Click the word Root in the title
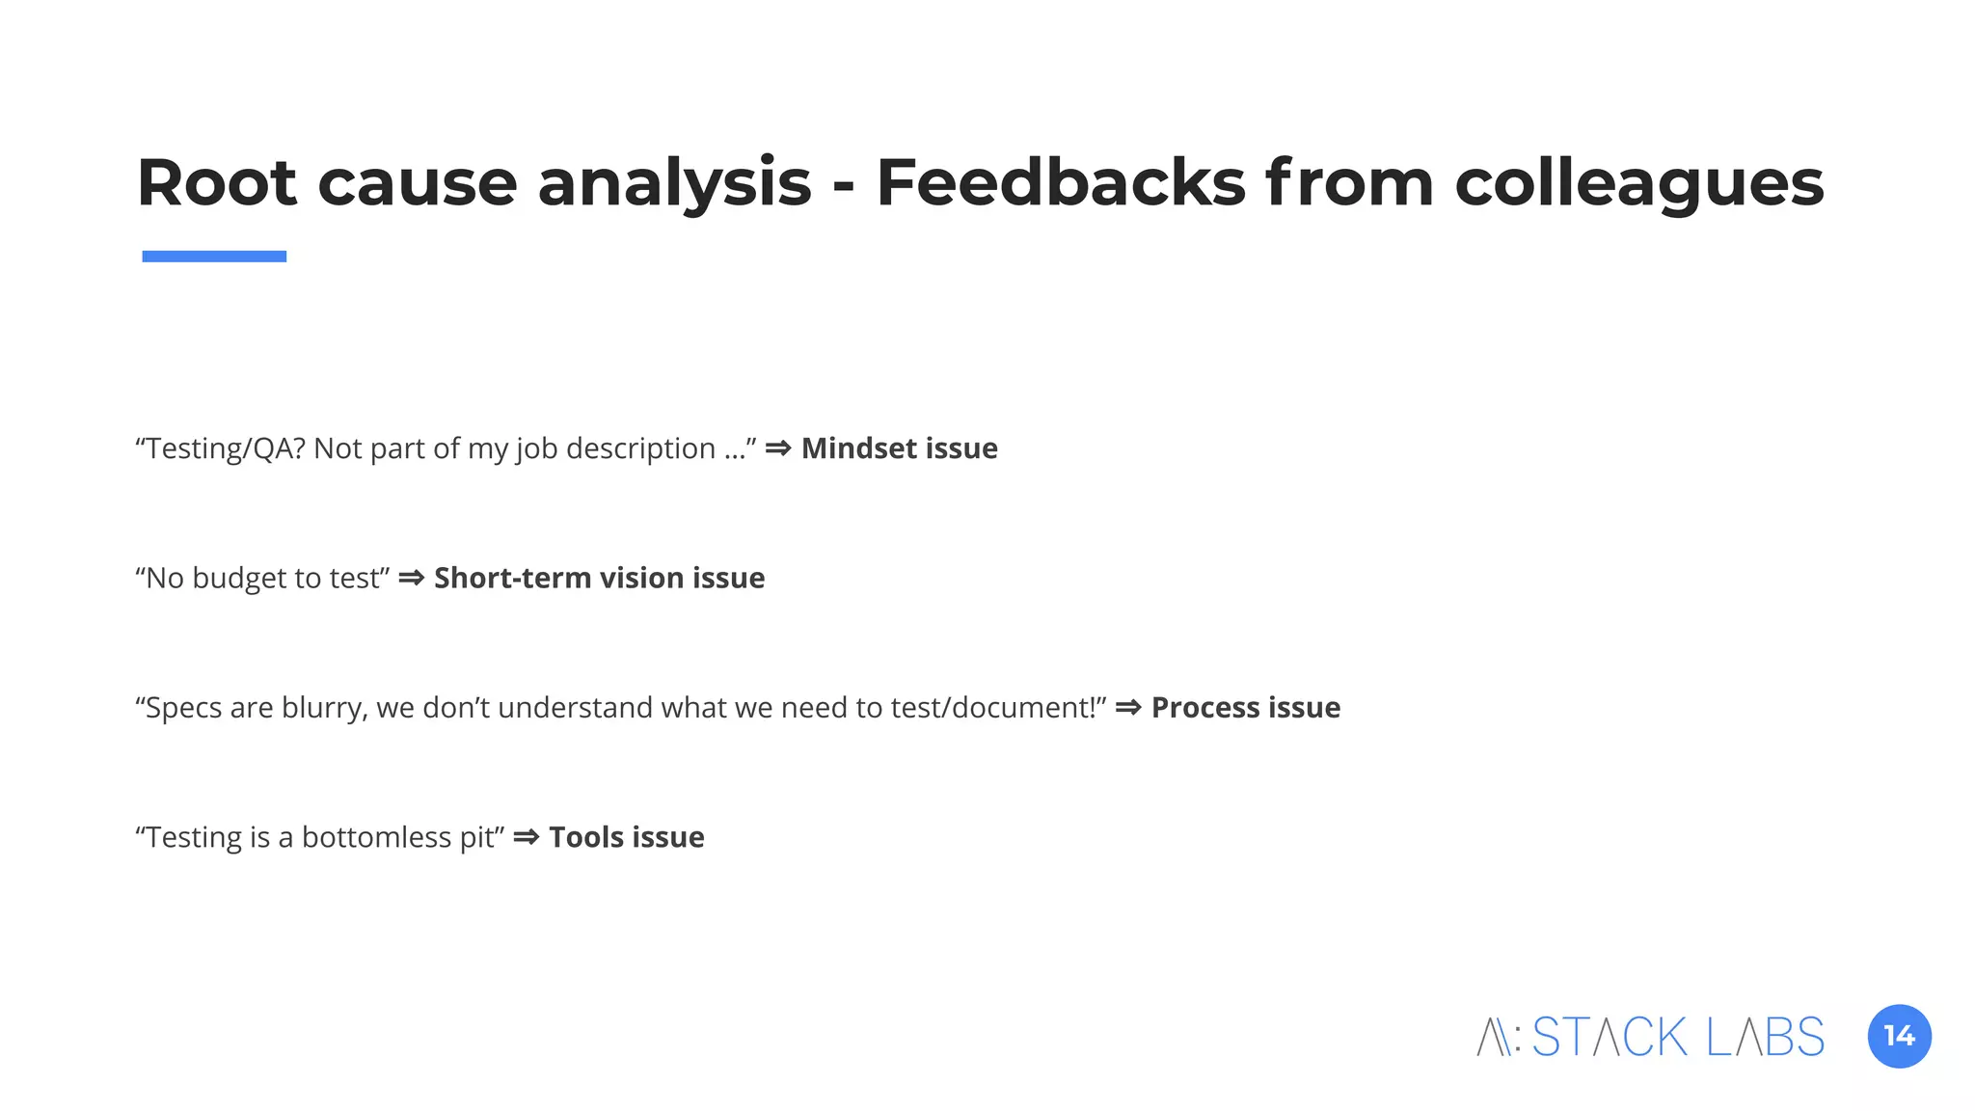point(217,182)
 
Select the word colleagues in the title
point(1638,184)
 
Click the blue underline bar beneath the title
point(214,257)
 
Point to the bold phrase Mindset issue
point(899,448)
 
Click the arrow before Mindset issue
point(778,448)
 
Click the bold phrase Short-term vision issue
point(599,578)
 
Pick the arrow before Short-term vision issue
point(411,578)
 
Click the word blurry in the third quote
point(325,708)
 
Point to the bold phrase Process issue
point(1245,708)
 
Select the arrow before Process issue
point(1128,708)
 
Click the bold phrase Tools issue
point(626,837)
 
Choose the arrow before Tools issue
point(526,837)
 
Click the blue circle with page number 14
point(1899,1037)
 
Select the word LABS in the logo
point(1765,1038)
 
